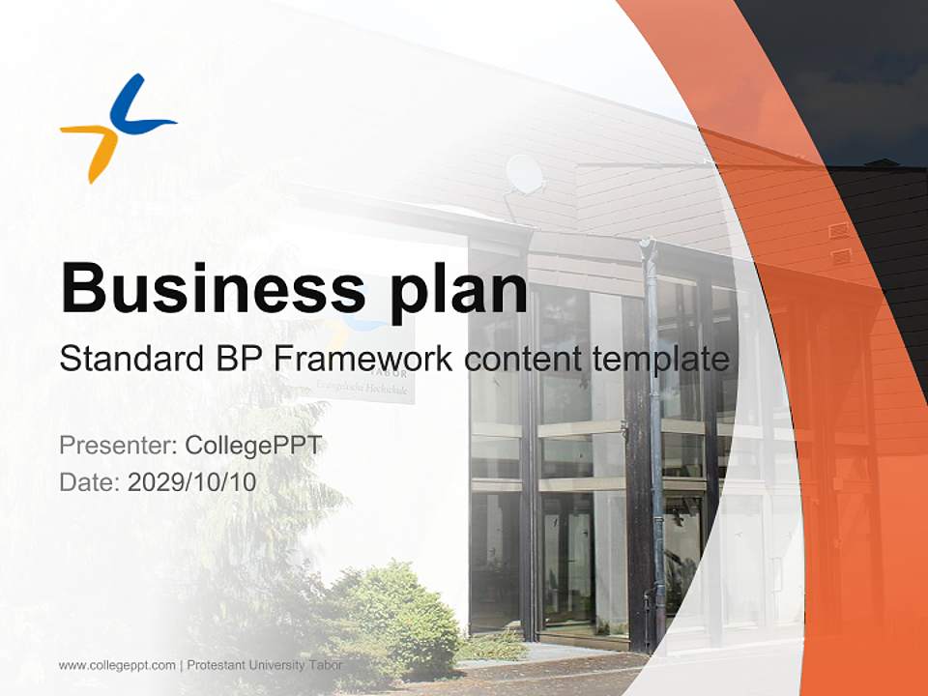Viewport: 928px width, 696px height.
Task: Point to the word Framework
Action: click(x=362, y=360)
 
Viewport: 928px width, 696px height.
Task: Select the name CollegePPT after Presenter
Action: click(x=252, y=446)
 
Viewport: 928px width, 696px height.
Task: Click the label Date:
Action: click(x=90, y=481)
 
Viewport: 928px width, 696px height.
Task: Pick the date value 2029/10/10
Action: click(x=192, y=481)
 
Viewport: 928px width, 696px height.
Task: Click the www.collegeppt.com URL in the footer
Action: click(x=117, y=665)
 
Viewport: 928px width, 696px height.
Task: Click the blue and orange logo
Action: click(x=117, y=128)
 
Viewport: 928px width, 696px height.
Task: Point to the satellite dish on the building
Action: click(x=525, y=174)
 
